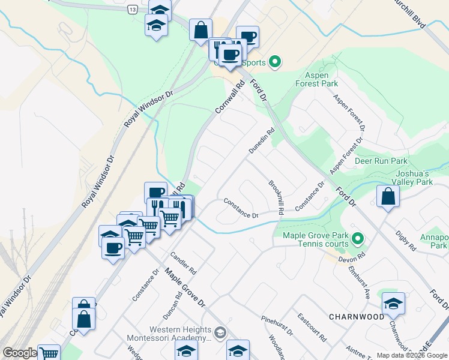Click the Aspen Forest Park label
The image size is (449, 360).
(317, 80)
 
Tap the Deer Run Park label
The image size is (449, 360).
(381, 161)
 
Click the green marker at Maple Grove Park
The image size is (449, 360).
(358, 239)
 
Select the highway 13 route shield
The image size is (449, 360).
(131, 10)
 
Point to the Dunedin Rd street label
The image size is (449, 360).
(262, 140)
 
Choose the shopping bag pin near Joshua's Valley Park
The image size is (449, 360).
(388, 196)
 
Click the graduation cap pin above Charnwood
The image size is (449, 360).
(393, 302)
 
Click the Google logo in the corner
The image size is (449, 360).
(20, 353)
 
